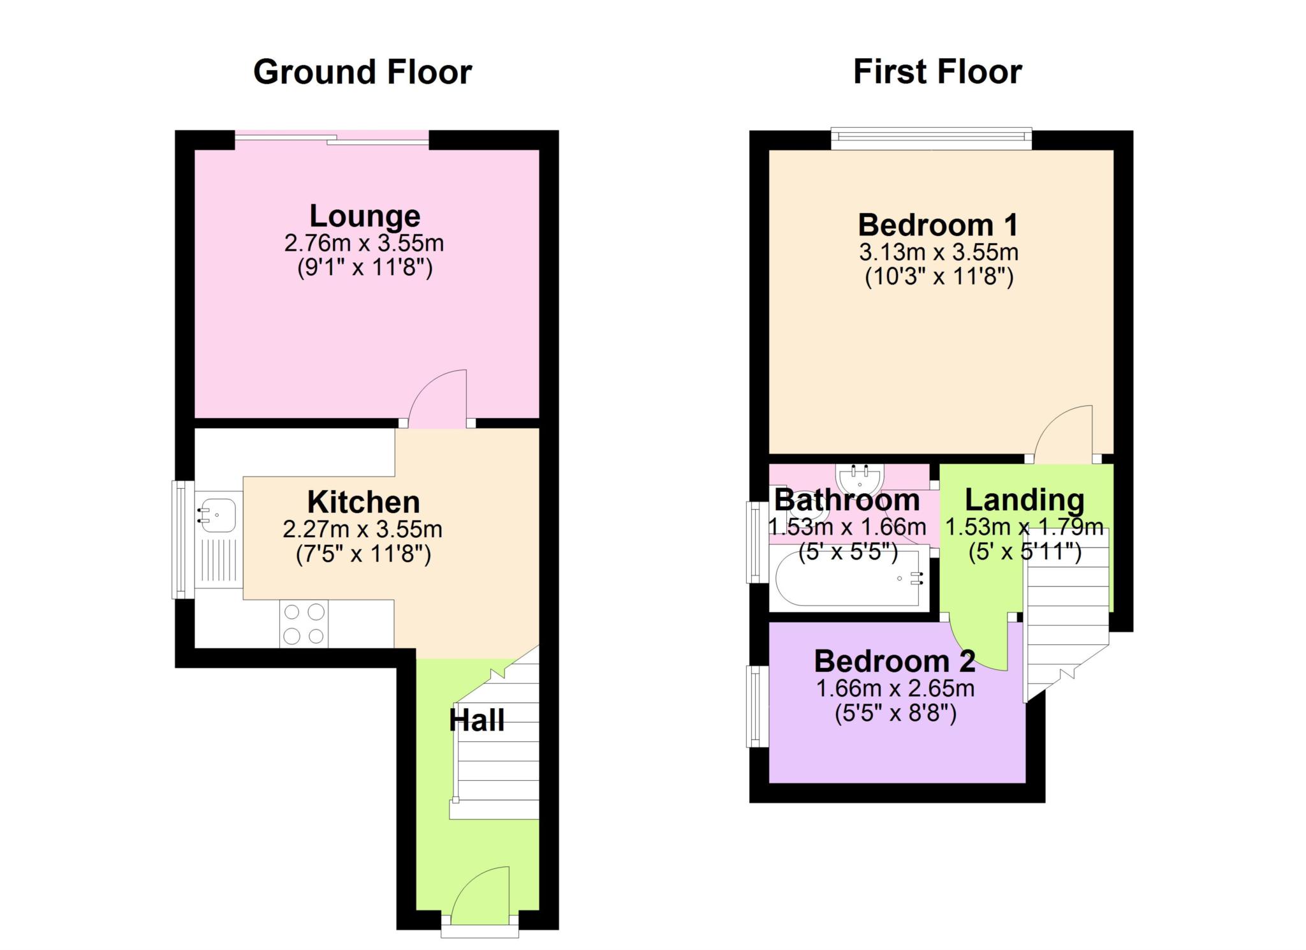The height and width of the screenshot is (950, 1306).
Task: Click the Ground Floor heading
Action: [x=362, y=72]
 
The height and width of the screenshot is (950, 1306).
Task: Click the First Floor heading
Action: [x=937, y=72]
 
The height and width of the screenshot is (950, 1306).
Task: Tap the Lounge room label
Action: [x=364, y=216]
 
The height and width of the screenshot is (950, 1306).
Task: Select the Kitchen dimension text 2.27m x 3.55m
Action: [x=362, y=530]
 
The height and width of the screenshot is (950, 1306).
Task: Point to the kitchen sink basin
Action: [x=217, y=514]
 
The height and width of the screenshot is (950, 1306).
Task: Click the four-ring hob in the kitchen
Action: [x=304, y=624]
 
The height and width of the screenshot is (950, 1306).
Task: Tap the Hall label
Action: [x=476, y=720]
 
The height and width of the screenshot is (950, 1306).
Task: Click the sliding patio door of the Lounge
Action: [x=332, y=138]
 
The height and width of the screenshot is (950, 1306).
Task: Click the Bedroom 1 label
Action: [x=937, y=225]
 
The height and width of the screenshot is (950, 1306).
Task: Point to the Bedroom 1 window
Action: [x=931, y=138]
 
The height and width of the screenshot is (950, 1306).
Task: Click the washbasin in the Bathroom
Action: [x=860, y=477]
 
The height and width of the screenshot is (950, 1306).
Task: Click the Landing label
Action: [x=1024, y=500]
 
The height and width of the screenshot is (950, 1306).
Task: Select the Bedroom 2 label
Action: [x=894, y=662]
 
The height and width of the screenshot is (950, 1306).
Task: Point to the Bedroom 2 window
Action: [x=756, y=706]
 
